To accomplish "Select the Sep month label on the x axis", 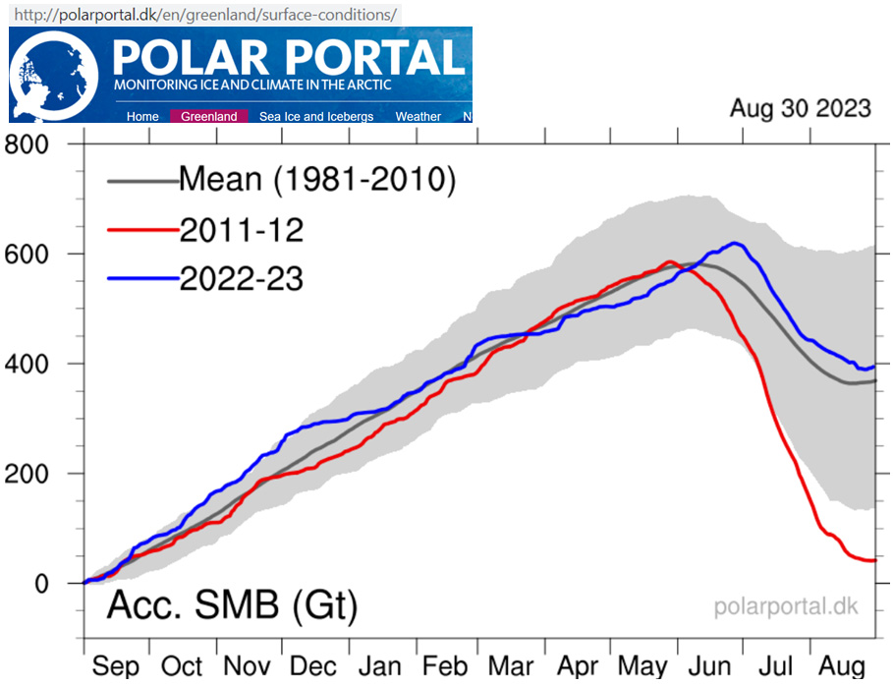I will [117, 664].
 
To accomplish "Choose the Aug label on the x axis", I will [843, 664].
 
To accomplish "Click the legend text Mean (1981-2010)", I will [317, 180].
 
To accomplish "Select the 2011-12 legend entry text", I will [241, 231].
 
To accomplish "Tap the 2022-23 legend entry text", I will [241, 279].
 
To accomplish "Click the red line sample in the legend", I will [140, 232].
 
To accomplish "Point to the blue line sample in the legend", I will [140, 280].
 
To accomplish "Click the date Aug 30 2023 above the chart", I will [800, 108].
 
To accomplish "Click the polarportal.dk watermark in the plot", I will [785, 606].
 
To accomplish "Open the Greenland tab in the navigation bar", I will [209, 117].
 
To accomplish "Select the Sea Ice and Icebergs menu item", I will [316, 117].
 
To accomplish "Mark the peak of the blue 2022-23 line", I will [735, 244].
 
